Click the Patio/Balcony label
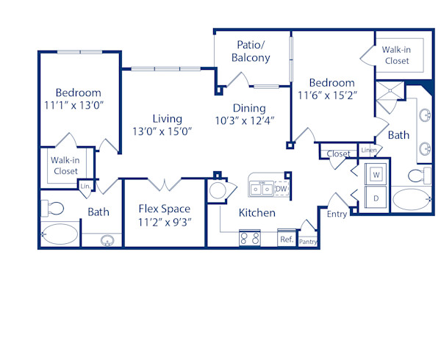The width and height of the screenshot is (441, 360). pyautogui.click(x=251, y=51)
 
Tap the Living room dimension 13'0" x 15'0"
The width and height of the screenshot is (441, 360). pyautogui.click(x=162, y=132)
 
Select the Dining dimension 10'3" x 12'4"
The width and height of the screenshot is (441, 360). pyautogui.click(x=244, y=120)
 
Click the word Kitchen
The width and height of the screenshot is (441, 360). pyautogui.click(x=257, y=213)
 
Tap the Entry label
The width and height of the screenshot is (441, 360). pyautogui.click(x=337, y=214)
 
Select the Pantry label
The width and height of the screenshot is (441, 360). pyautogui.click(x=308, y=241)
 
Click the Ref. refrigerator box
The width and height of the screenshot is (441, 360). pyautogui.click(x=286, y=240)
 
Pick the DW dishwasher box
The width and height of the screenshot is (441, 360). pyautogui.click(x=281, y=189)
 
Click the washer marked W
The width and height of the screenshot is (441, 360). pyautogui.click(x=376, y=175)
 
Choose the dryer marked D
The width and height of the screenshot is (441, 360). pyautogui.click(x=376, y=198)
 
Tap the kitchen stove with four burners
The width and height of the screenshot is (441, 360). pyautogui.click(x=249, y=239)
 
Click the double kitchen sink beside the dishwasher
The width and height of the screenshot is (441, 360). pyautogui.click(x=260, y=189)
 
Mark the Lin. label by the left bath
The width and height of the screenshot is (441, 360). pyautogui.click(x=85, y=187)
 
